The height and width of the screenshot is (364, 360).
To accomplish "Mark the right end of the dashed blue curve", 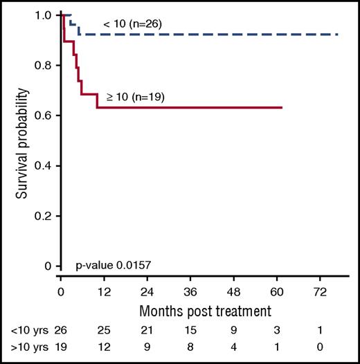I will tap(337, 34).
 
